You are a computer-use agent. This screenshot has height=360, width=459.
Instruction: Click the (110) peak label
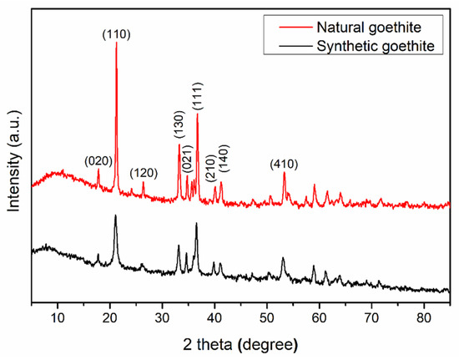pyautogui.click(x=116, y=34)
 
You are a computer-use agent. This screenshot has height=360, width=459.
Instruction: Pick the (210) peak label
pyautogui.click(x=211, y=166)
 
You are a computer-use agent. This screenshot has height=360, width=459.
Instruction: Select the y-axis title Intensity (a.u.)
pyautogui.click(x=12, y=164)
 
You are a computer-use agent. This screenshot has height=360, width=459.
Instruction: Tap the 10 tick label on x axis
pyautogui.click(x=58, y=316)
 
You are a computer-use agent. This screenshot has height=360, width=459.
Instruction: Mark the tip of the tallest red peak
pyautogui.click(x=116, y=43)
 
